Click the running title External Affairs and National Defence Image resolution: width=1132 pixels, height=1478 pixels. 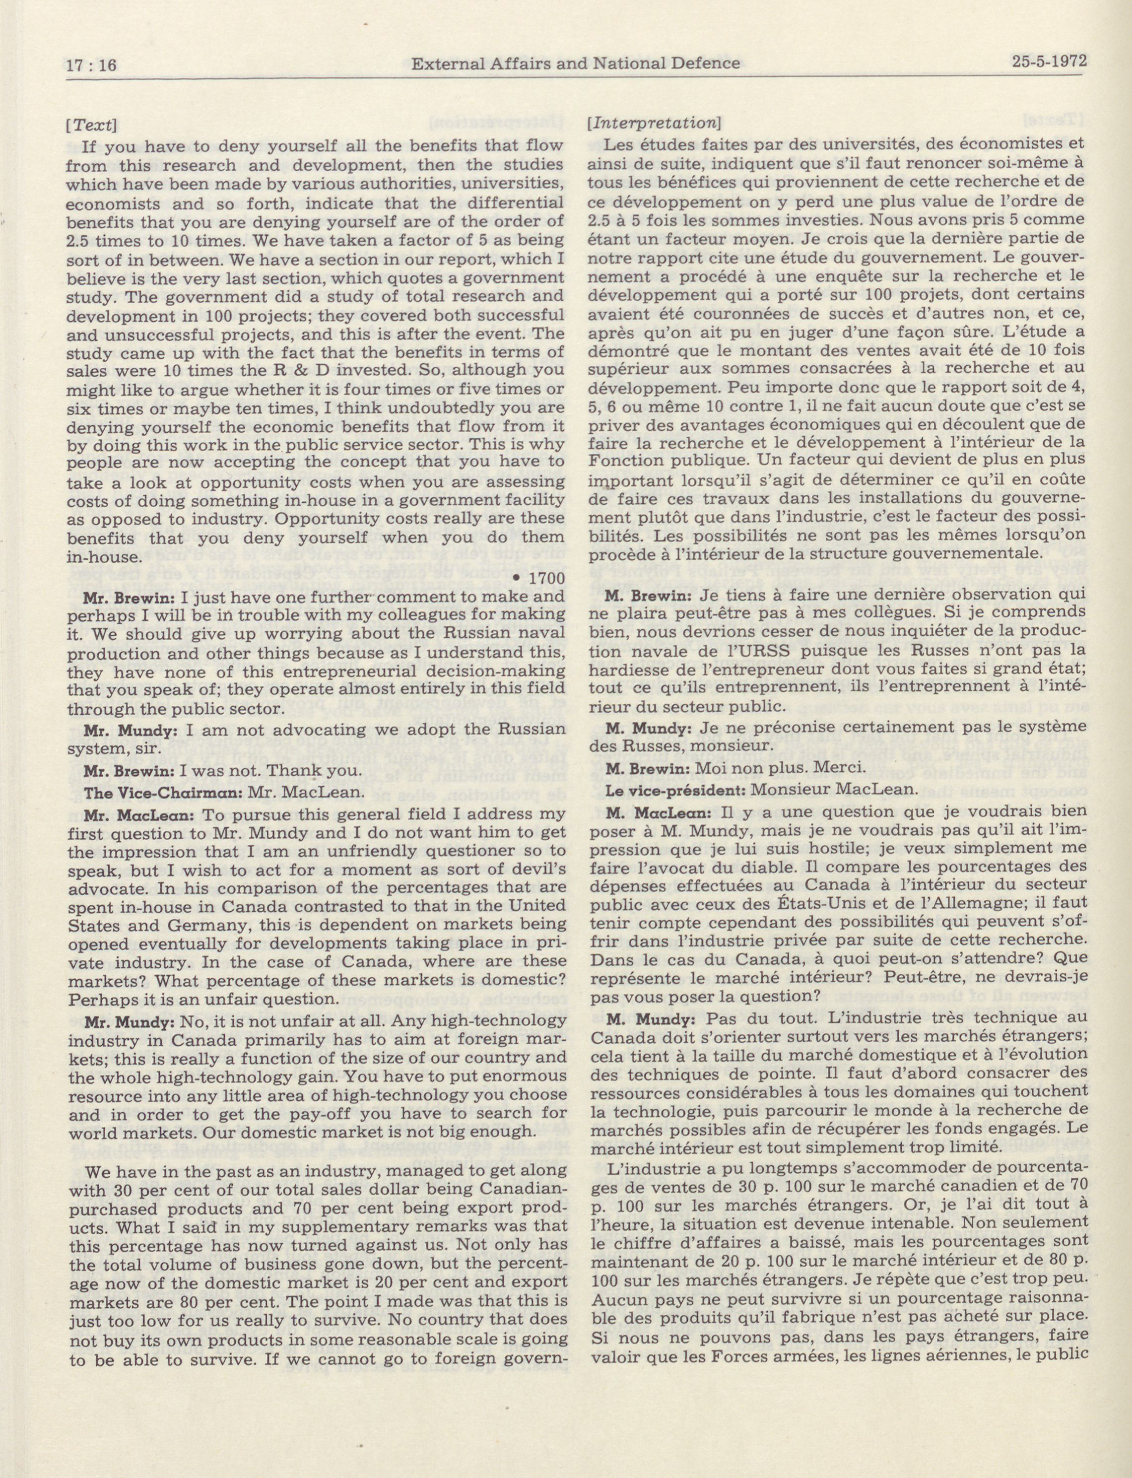tap(576, 64)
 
